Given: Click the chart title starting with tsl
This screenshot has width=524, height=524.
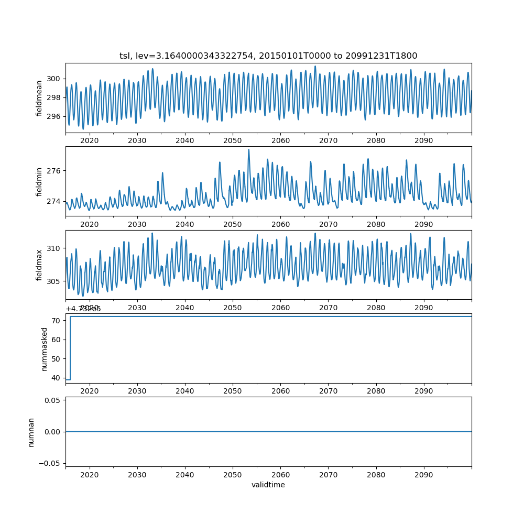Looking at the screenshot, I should click(x=268, y=56).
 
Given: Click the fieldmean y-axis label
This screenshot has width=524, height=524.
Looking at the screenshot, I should click(x=39, y=98).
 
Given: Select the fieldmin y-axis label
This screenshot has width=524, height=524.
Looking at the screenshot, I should click(x=39, y=181).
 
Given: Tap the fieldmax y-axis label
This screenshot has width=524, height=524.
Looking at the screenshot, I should click(x=39, y=265).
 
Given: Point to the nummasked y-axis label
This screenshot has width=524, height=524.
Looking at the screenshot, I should click(x=45, y=348).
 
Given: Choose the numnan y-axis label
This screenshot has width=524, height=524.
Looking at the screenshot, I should click(x=31, y=432).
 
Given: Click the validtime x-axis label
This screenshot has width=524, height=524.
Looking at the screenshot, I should click(x=268, y=485).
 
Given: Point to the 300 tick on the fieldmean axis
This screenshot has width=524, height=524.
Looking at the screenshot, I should click(x=55, y=79).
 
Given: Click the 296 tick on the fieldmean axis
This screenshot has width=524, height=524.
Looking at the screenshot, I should click(x=55, y=116).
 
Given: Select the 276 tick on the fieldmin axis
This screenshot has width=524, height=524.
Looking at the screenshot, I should click(x=55, y=171).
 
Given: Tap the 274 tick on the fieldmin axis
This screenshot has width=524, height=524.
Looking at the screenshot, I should click(x=55, y=201).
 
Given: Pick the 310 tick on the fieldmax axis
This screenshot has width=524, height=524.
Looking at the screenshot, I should click(x=55, y=248).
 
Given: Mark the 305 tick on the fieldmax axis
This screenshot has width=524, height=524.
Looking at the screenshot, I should click(x=55, y=281).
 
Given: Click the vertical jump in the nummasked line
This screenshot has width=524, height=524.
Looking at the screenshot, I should click(x=70, y=348).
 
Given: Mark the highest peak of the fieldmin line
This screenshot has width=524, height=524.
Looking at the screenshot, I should click(x=249, y=150).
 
